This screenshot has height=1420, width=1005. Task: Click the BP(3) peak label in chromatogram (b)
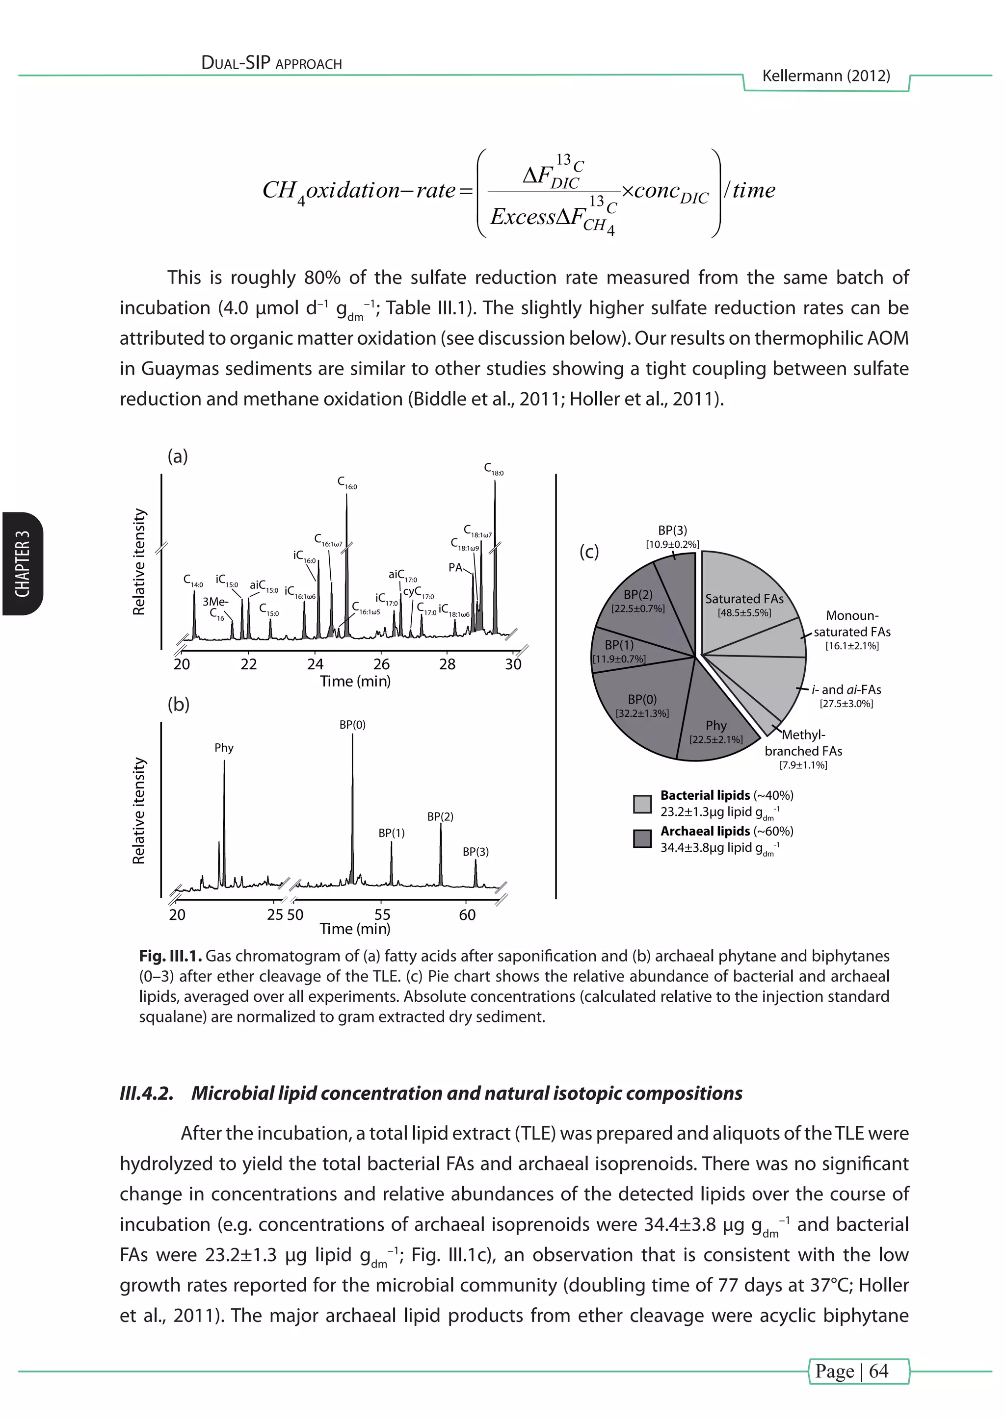(476, 852)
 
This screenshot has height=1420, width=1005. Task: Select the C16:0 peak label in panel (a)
(346, 482)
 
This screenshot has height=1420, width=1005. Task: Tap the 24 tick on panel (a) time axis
(315, 664)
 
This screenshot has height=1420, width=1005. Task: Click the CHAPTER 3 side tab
(22, 563)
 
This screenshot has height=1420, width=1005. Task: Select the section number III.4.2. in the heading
(146, 1093)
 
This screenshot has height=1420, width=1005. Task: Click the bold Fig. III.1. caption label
(170, 956)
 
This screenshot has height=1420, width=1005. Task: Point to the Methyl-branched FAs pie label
(803, 743)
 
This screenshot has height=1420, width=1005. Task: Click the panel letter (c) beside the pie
(588, 551)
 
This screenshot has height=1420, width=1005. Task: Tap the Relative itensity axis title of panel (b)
(139, 810)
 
